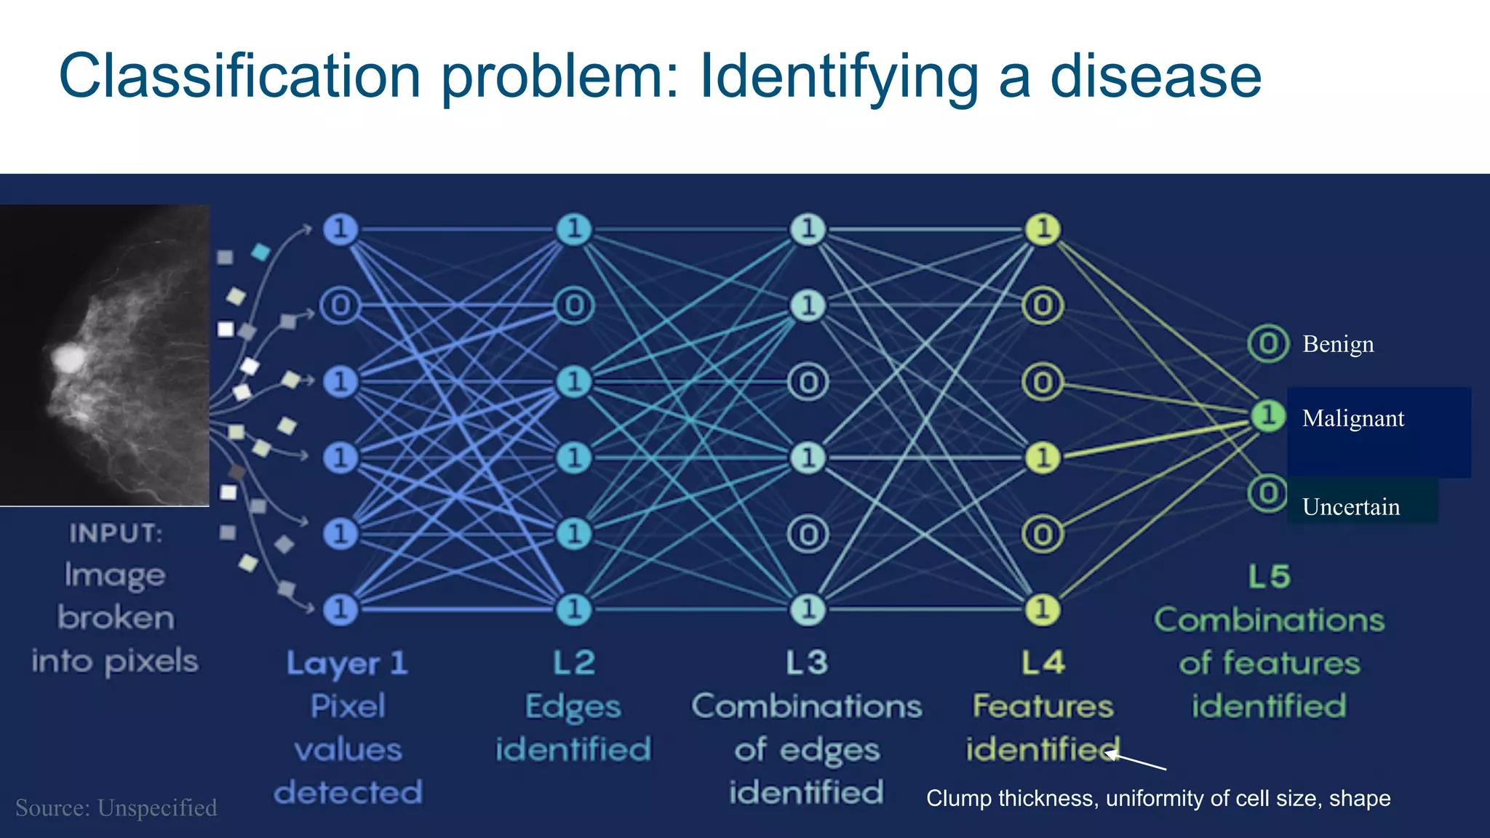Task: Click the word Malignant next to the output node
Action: [1352, 418]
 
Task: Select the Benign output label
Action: [1338, 344]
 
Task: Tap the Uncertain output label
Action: [1350, 507]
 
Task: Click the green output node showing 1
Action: [1268, 416]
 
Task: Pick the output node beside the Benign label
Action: [1268, 344]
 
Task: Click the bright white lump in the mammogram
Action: [68, 357]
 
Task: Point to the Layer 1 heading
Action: [347, 663]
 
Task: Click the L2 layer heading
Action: [573, 663]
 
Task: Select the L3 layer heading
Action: [807, 663]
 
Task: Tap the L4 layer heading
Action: [1043, 663]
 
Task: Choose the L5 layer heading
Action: [1269, 577]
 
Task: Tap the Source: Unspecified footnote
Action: [116, 807]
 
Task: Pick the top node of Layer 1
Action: [340, 229]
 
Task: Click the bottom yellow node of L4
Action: [1043, 609]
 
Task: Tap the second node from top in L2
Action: [574, 306]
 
